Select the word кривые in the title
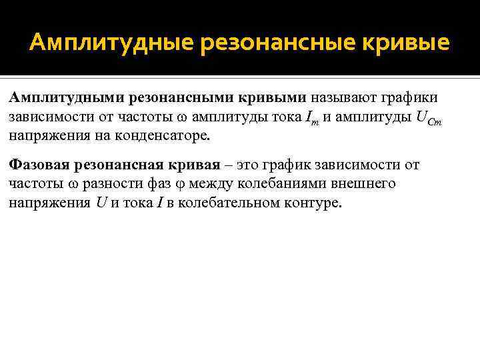coord(404,43)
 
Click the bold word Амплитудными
coord(62,98)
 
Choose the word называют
coord(343,98)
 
